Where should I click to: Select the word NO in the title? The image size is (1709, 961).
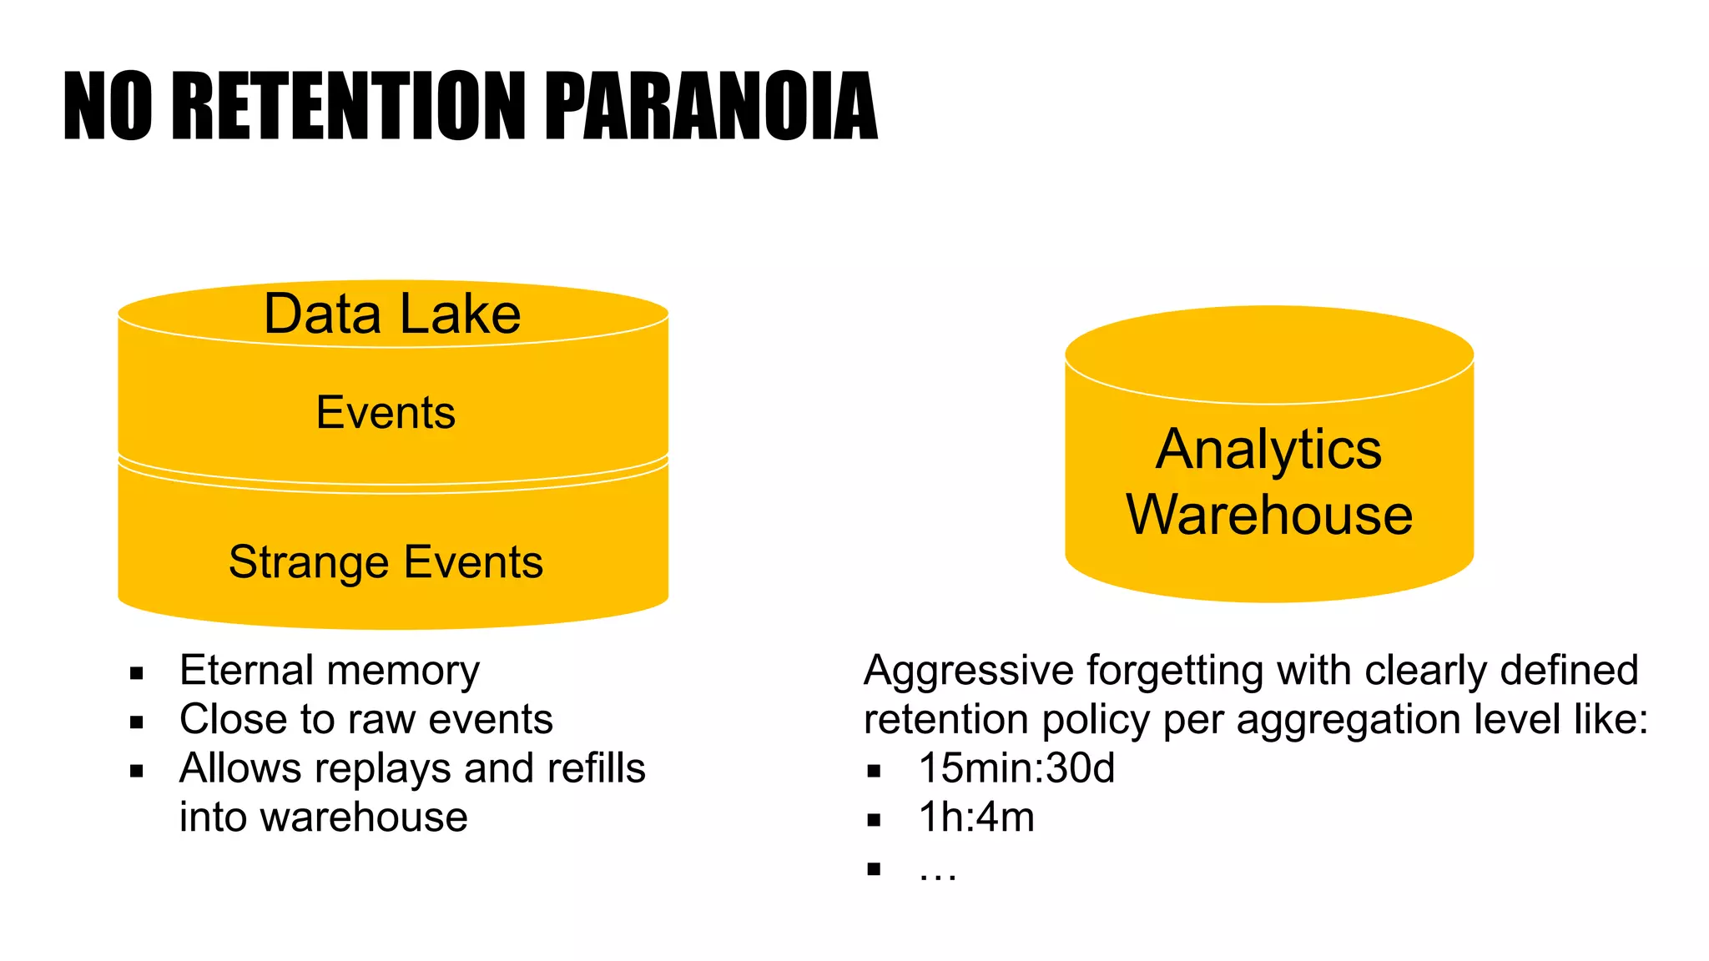[108, 106]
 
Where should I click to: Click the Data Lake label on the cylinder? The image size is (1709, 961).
[392, 314]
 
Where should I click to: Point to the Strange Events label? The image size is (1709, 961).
[386, 561]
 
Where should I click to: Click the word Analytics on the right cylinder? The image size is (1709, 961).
[1268, 450]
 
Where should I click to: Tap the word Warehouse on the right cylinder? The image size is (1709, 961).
[1269, 514]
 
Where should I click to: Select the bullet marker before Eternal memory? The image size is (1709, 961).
[137, 673]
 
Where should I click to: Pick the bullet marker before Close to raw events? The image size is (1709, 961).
[137, 722]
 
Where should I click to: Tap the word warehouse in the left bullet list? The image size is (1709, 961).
[364, 817]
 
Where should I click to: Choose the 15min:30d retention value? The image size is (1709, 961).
[1016, 767]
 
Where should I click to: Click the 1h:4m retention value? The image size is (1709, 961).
[976, 817]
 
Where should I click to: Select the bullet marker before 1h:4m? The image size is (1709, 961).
[874, 820]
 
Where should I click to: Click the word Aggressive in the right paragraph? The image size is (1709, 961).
[969, 671]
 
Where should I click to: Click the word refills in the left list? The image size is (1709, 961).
[596, 768]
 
